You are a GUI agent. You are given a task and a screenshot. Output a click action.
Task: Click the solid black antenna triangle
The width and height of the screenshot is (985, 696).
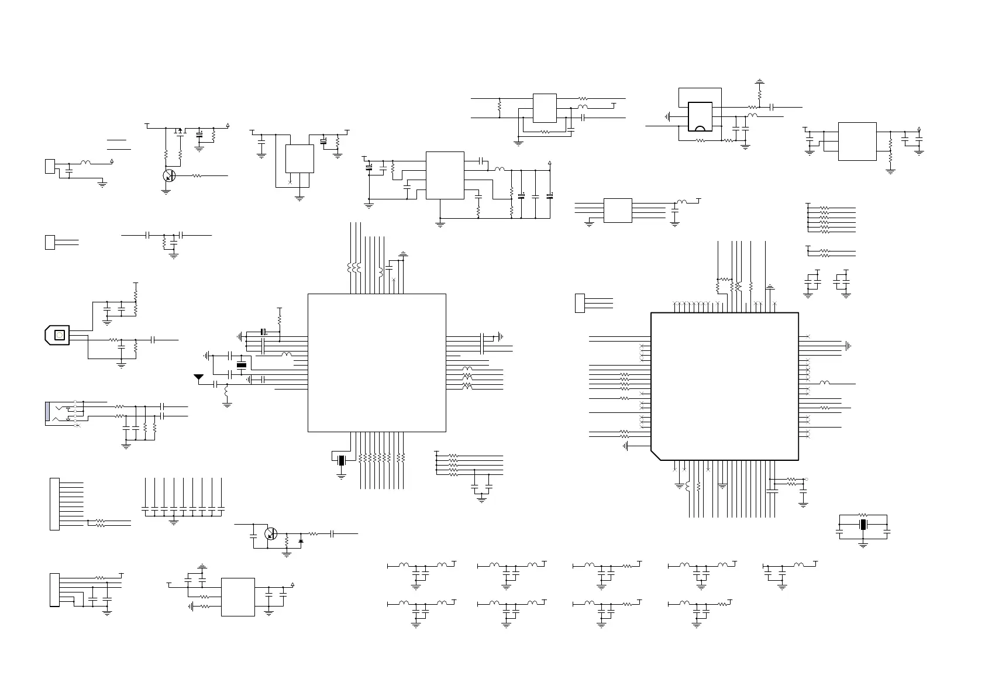tap(198, 377)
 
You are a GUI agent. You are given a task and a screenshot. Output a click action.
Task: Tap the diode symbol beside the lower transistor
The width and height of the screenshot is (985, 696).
tap(301, 541)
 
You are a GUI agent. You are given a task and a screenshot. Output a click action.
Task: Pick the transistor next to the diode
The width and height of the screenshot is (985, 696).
tap(271, 534)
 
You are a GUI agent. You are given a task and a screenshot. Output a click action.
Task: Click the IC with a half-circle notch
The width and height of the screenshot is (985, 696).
tap(700, 117)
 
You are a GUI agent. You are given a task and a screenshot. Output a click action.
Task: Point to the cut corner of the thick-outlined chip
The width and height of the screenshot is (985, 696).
tap(656, 455)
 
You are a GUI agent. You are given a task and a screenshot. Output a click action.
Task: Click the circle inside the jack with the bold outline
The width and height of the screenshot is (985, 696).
tap(59, 335)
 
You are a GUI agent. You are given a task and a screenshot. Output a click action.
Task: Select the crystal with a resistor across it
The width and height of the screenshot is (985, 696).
tap(863, 524)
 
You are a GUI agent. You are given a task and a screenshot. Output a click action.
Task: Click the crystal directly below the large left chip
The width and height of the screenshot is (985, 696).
tap(342, 460)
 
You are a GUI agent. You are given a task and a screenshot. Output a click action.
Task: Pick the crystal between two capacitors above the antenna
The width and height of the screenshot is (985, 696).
tap(241, 366)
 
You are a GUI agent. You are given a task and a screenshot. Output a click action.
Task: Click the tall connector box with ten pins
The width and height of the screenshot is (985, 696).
tap(54, 504)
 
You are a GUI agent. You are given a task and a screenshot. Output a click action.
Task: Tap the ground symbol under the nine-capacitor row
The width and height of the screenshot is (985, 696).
tap(174, 521)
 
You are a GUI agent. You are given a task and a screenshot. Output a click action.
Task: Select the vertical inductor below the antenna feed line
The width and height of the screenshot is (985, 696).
tap(227, 394)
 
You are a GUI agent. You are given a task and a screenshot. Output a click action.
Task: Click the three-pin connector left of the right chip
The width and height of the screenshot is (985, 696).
tap(580, 303)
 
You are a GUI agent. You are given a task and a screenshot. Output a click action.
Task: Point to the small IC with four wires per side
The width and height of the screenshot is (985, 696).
tap(617, 211)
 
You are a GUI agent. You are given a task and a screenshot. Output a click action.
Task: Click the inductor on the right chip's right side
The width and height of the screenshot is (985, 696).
tap(824, 383)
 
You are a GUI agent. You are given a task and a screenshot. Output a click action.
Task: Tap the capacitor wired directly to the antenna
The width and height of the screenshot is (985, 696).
tap(217, 384)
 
